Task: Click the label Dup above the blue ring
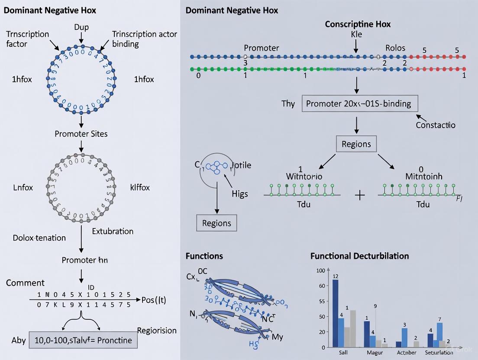(x=81, y=27)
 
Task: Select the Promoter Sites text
(x=81, y=134)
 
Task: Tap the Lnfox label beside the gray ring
(x=23, y=187)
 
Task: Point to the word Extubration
(x=113, y=231)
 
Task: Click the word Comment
(x=25, y=283)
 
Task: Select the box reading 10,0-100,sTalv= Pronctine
(x=83, y=340)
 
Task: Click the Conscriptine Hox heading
(x=358, y=24)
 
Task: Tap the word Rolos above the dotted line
(x=395, y=48)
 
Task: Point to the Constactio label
(x=435, y=125)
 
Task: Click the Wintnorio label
(x=304, y=177)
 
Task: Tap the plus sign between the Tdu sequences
(x=360, y=196)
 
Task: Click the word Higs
(x=239, y=193)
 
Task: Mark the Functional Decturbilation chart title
(x=359, y=256)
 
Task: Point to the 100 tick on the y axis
(x=320, y=271)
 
